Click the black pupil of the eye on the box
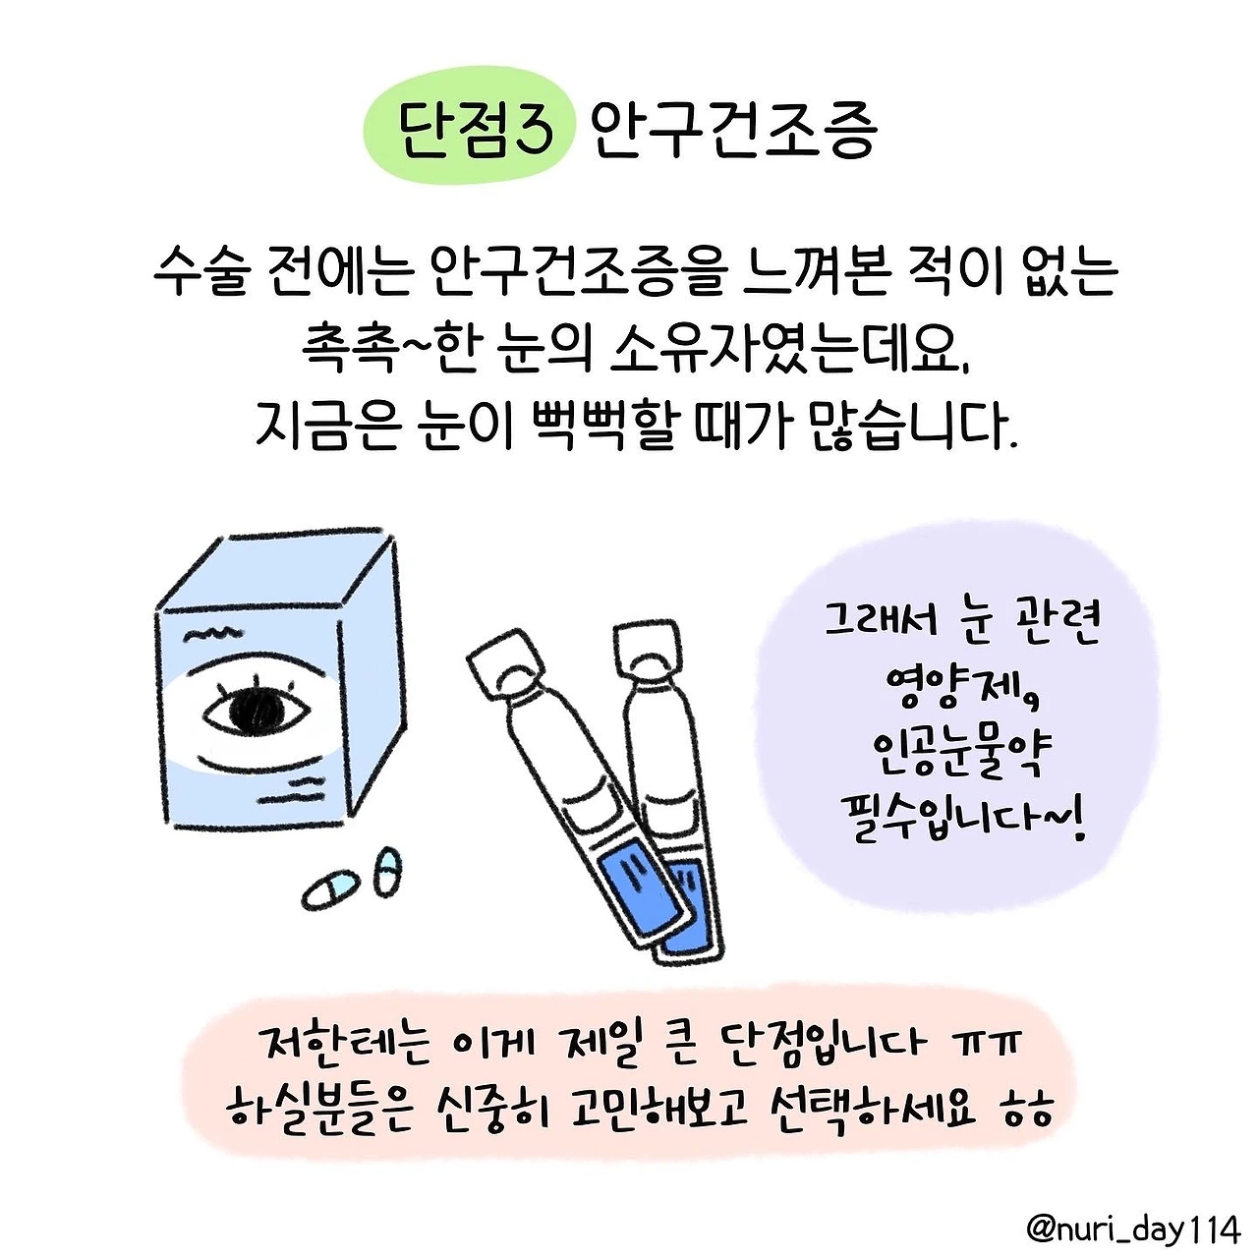pos(257,710)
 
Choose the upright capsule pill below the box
pos(387,872)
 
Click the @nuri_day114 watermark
pos(1133,1230)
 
